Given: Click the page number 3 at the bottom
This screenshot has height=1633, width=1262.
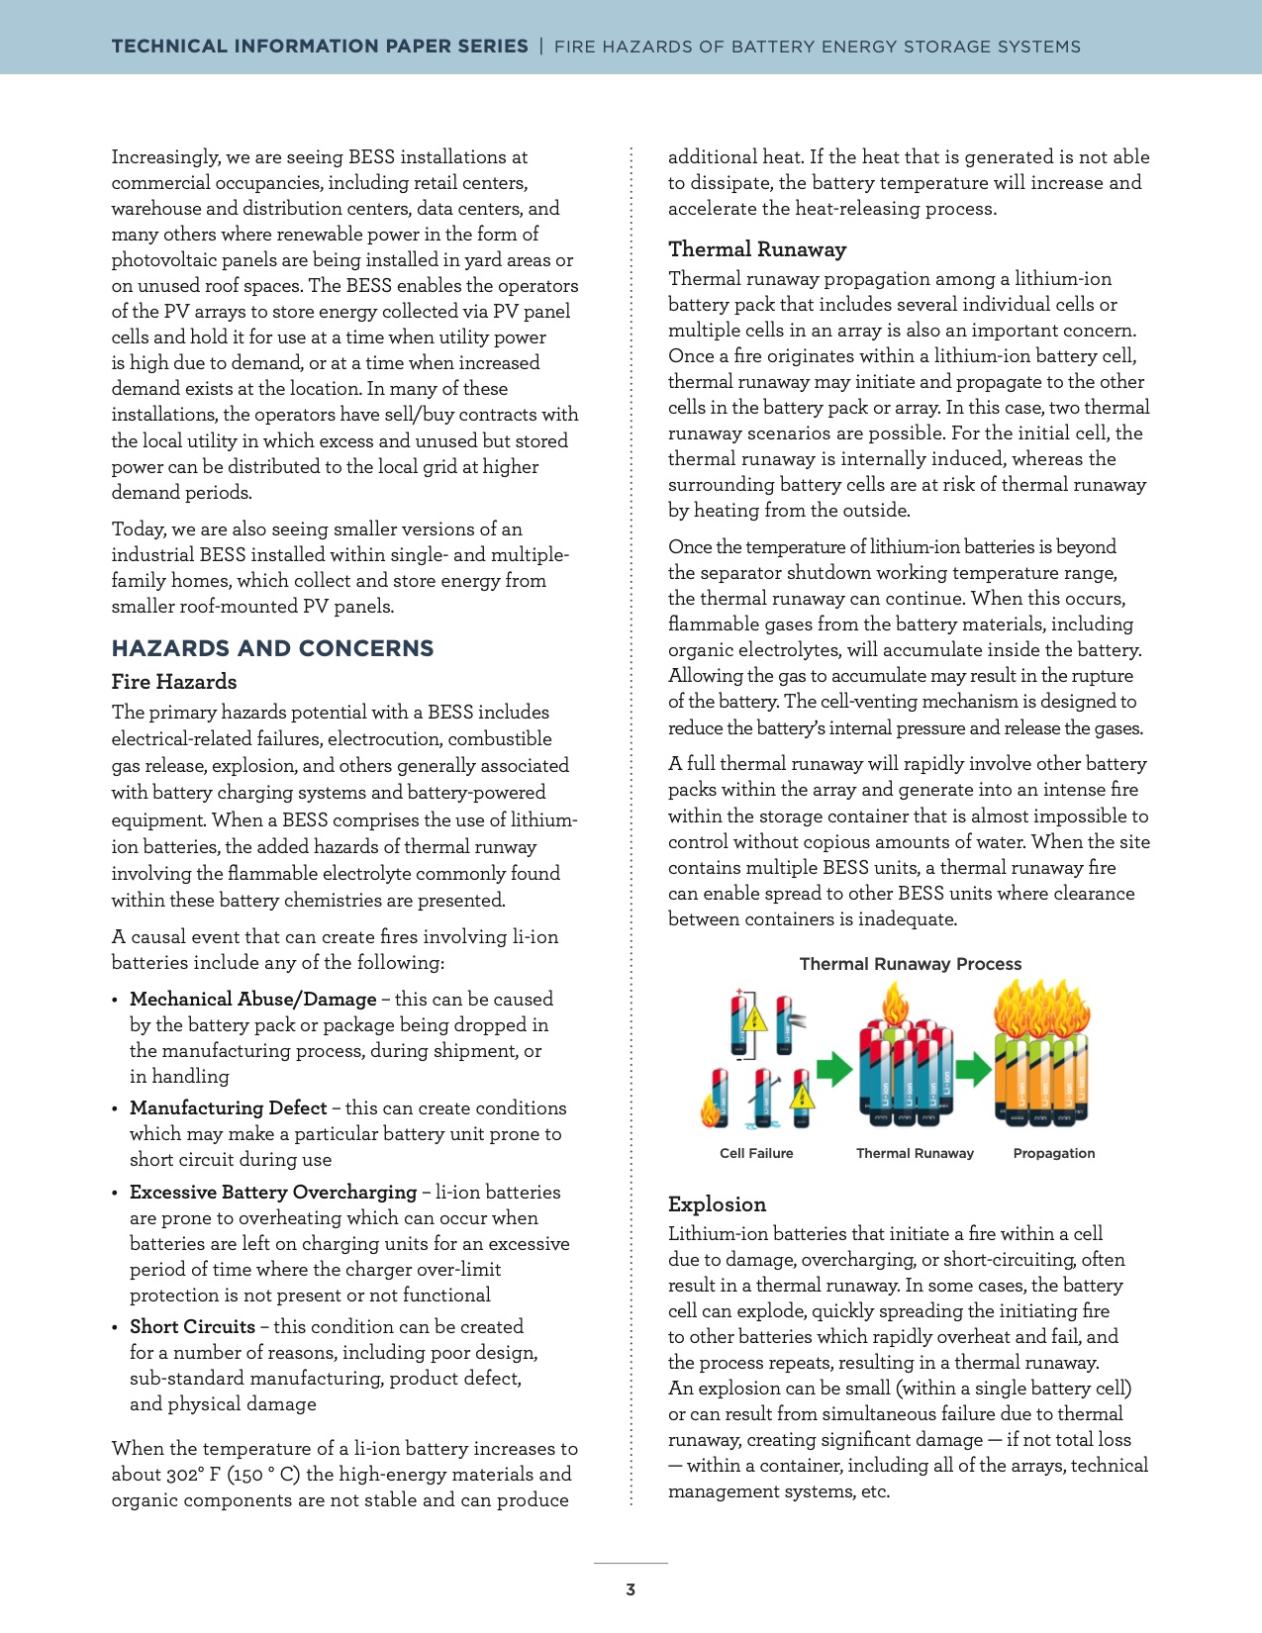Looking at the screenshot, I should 631,1589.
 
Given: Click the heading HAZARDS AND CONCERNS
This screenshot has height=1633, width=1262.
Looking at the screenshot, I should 272,648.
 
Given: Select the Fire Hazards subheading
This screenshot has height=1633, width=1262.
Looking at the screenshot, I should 174,681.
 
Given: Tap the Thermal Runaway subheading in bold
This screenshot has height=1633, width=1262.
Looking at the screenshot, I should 757,248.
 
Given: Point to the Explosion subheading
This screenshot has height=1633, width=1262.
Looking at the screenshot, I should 717,1203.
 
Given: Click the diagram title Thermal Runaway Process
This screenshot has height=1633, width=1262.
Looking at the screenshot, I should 910,964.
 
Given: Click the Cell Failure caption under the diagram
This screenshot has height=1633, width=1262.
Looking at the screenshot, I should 756,1153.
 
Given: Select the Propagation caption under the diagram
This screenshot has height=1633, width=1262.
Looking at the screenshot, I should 1054,1153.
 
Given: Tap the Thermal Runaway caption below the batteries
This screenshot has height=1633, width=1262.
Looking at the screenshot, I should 915,1153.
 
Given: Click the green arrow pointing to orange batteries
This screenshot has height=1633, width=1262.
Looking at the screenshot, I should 974,1069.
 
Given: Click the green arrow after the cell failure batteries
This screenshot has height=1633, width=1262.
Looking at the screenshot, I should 834,1069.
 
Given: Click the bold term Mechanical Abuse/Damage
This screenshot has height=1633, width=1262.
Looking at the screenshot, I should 252,999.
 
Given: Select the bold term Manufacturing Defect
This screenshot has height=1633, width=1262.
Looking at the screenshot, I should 228,1107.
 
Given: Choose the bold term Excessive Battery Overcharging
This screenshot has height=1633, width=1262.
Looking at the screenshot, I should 273,1192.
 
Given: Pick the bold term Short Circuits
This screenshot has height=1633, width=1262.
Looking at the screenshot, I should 192,1326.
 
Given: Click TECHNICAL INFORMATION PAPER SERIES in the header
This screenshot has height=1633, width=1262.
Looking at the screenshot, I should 320,46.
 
